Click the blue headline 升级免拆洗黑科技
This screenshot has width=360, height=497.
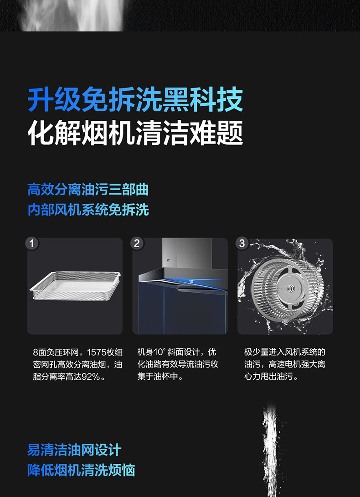[135, 100]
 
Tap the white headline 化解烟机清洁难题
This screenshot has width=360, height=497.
[135, 133]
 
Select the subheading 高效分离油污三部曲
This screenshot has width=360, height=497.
[88, 190]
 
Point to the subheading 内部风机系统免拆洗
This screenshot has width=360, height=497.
[88, 210]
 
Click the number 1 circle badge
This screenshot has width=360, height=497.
[32, 243]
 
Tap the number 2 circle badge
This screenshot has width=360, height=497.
[137, 243]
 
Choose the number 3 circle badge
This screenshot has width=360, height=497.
[242, 243]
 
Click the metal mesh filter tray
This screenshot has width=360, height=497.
[75, 285]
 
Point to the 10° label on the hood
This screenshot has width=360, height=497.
[192, 281]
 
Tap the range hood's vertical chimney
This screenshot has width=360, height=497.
[187, 253]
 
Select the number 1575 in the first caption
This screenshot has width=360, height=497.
[97, 352]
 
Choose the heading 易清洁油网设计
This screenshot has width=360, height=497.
[74, 450]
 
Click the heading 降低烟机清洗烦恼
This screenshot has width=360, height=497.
[81, 470]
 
